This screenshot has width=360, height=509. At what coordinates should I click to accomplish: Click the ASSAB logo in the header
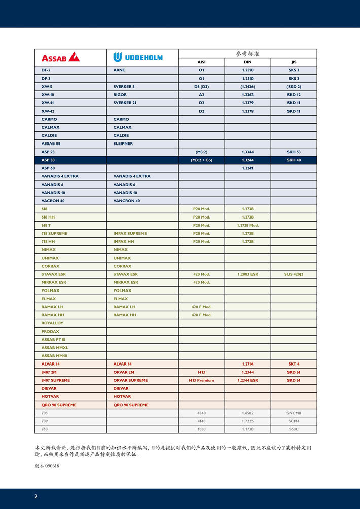(x=60, y=57)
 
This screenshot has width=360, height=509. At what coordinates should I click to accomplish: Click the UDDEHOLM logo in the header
(x=138, y=57)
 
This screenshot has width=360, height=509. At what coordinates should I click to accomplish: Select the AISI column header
(x=201, y=62)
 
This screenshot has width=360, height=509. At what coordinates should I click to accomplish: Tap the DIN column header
(x=247, y=62)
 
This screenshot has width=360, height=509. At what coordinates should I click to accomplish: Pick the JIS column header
(x=294, y=62)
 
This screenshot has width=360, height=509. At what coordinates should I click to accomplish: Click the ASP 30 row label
(x=48, y=160)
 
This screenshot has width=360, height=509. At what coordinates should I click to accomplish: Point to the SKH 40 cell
(x=294, y=160)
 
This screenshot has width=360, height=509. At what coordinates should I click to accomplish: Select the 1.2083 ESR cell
(x=247, y=274)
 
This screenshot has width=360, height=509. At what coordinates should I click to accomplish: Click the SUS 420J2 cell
(x=294, y=274)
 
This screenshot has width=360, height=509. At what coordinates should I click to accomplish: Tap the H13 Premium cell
(x=201, y=380)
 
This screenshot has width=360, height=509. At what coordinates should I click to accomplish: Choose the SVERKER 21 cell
(x=124, y=103)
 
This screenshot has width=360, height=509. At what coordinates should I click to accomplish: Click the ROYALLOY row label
(x=52, y=323)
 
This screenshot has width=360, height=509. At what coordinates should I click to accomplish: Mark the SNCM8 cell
(x=294, y=413)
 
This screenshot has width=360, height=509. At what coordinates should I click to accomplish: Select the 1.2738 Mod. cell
(x=247, y=225)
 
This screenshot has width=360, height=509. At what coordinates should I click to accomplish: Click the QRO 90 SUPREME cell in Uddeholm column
(x=131, y=405)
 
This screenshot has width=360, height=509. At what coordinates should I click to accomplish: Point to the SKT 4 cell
(x=294, y=364)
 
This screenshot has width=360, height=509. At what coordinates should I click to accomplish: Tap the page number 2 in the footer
(x=35, y=496)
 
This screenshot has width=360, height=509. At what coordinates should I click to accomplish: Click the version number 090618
(x=52, y=466)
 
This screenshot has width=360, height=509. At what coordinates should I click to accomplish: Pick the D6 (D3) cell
(x=201, y=87)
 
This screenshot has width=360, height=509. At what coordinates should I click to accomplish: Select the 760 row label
(x=45, y=429)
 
